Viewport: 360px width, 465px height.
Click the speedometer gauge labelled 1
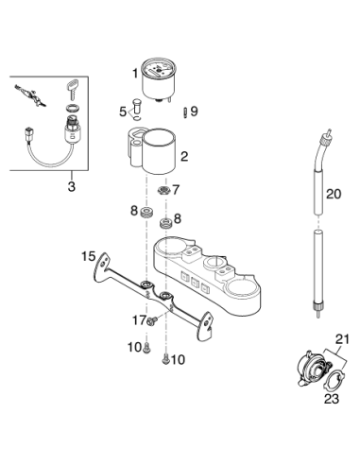[159, 79]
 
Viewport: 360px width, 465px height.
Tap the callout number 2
[184, 156]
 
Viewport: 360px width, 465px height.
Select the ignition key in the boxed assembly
[73, 88]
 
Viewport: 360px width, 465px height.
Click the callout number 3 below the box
[72, 186]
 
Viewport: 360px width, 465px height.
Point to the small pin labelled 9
[185, 112]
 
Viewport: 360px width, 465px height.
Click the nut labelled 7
[163, 190]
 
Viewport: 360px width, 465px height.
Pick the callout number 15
[88, 256]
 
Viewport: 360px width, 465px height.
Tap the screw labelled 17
[152, 321]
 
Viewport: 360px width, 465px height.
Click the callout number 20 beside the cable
[334, 194]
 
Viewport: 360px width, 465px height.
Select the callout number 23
[332, 399]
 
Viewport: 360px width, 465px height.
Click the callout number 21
[342, 339]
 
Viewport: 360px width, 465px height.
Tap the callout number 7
[176, 190]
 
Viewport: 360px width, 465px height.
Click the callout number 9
[194, 111]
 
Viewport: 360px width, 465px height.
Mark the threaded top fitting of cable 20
[325, 136]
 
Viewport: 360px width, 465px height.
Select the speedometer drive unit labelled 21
[315, 369]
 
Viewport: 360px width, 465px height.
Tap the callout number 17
[139, 320]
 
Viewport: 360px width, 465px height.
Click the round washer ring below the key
[73, 108]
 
